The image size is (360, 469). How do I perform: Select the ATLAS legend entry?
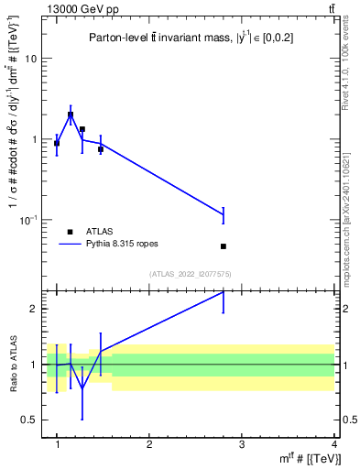pos(87,232)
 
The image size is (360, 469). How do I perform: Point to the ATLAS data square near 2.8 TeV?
pos(224,246)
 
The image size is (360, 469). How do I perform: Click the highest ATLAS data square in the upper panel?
pos(71,115)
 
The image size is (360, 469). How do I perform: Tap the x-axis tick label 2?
pos(149,444)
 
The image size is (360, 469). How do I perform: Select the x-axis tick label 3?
pos(242,444)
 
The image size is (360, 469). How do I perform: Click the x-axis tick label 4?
pos(334,444)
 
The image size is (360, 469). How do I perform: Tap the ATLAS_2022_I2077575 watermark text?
pos(191,274)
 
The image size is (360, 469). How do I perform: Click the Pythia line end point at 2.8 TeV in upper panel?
pos(224,214)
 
